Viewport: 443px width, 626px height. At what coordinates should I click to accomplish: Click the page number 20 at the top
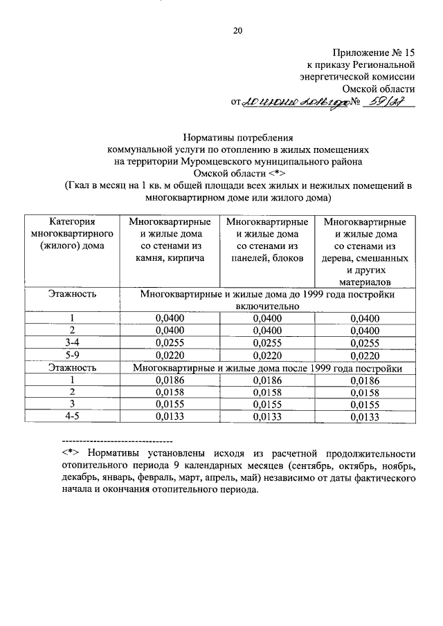[x=237, y=30]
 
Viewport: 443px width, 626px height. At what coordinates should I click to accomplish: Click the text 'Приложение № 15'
[x=374, y=52]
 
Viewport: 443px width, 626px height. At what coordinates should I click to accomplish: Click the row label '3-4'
[x=72, y=342]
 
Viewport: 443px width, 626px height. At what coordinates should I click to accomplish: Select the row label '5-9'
[x=72, y=355]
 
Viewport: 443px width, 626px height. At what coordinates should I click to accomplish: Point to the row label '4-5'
[x=72, y=416]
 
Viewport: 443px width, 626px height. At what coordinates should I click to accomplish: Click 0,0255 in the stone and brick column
[x=169, y=342]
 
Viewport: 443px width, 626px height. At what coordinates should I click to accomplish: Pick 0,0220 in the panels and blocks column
[x=266, y=355]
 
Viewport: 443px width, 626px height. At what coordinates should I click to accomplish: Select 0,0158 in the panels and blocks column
[x=266, y=392]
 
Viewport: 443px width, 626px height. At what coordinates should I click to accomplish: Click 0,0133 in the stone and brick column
[x=169, y=416]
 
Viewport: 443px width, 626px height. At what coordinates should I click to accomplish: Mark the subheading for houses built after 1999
[x=267, y=367]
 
